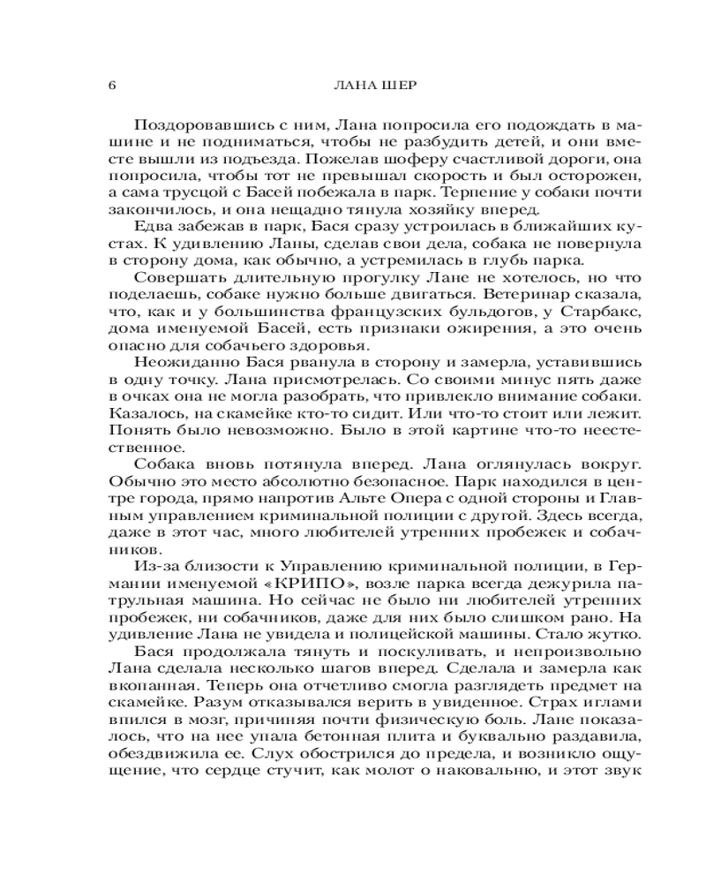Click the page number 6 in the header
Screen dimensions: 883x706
tap(111, 86)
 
